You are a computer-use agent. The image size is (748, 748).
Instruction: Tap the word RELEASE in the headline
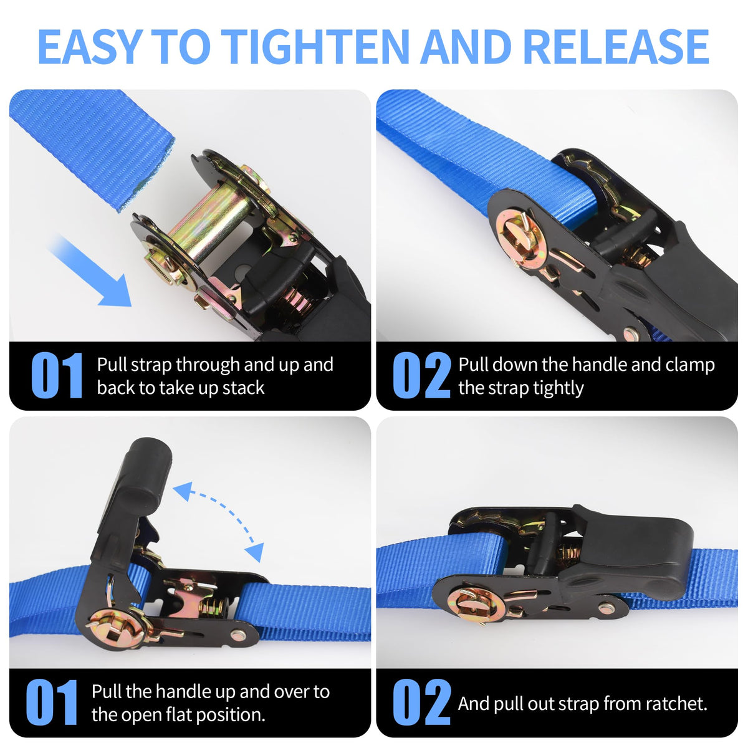point(616,47)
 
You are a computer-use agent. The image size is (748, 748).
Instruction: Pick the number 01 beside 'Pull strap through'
point(57,375)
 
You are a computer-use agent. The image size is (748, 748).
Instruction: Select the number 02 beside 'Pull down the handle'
point(421,375)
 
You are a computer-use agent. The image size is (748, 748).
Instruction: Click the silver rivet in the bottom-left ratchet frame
point(237,636)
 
